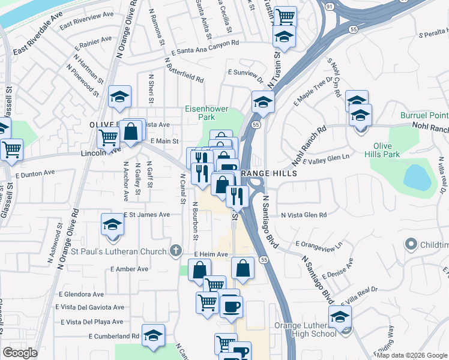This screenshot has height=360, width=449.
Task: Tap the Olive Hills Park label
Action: point(387,150)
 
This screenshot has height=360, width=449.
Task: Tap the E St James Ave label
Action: point(148,215)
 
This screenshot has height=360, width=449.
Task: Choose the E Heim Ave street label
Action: point(211,254)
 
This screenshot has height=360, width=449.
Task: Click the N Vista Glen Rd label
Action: point(304,215)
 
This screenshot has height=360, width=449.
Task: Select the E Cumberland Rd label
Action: point(114,337)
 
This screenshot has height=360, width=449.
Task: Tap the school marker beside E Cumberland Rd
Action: point(154,337)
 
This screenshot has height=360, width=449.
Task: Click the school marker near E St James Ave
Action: point(112,225)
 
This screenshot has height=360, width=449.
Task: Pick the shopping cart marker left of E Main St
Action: point(108,137)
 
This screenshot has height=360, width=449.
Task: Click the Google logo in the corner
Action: point(20,353)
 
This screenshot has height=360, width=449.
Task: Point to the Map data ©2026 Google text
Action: point(412,355)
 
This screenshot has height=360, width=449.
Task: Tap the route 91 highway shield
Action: point(346,5)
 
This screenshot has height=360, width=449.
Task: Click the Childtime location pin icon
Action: point(411,244)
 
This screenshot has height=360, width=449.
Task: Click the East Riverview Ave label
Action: point(86,20)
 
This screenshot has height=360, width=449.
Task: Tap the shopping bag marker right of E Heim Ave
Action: point(243,269)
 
